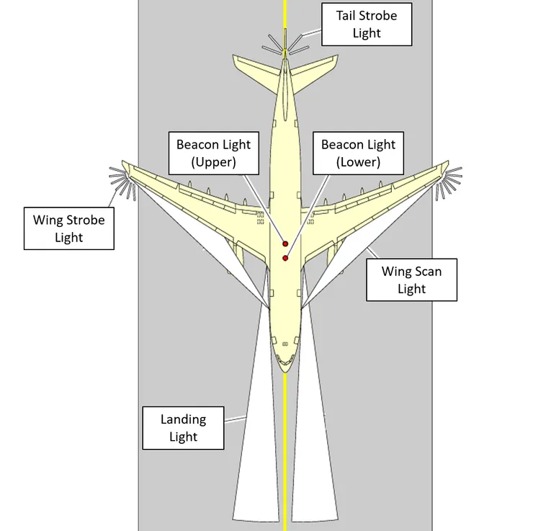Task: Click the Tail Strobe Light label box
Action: [366, 24]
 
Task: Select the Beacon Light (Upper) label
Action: [213, 153]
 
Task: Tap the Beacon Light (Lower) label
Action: [358, 153]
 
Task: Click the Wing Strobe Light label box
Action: [68, 228]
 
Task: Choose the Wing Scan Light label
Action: [411, 280]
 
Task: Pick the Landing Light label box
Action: [183, 428]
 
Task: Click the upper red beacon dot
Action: [285, 244]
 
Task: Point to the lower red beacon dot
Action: [285, 258]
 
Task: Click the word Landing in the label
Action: [183, 419]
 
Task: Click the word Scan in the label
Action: [427, 272]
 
